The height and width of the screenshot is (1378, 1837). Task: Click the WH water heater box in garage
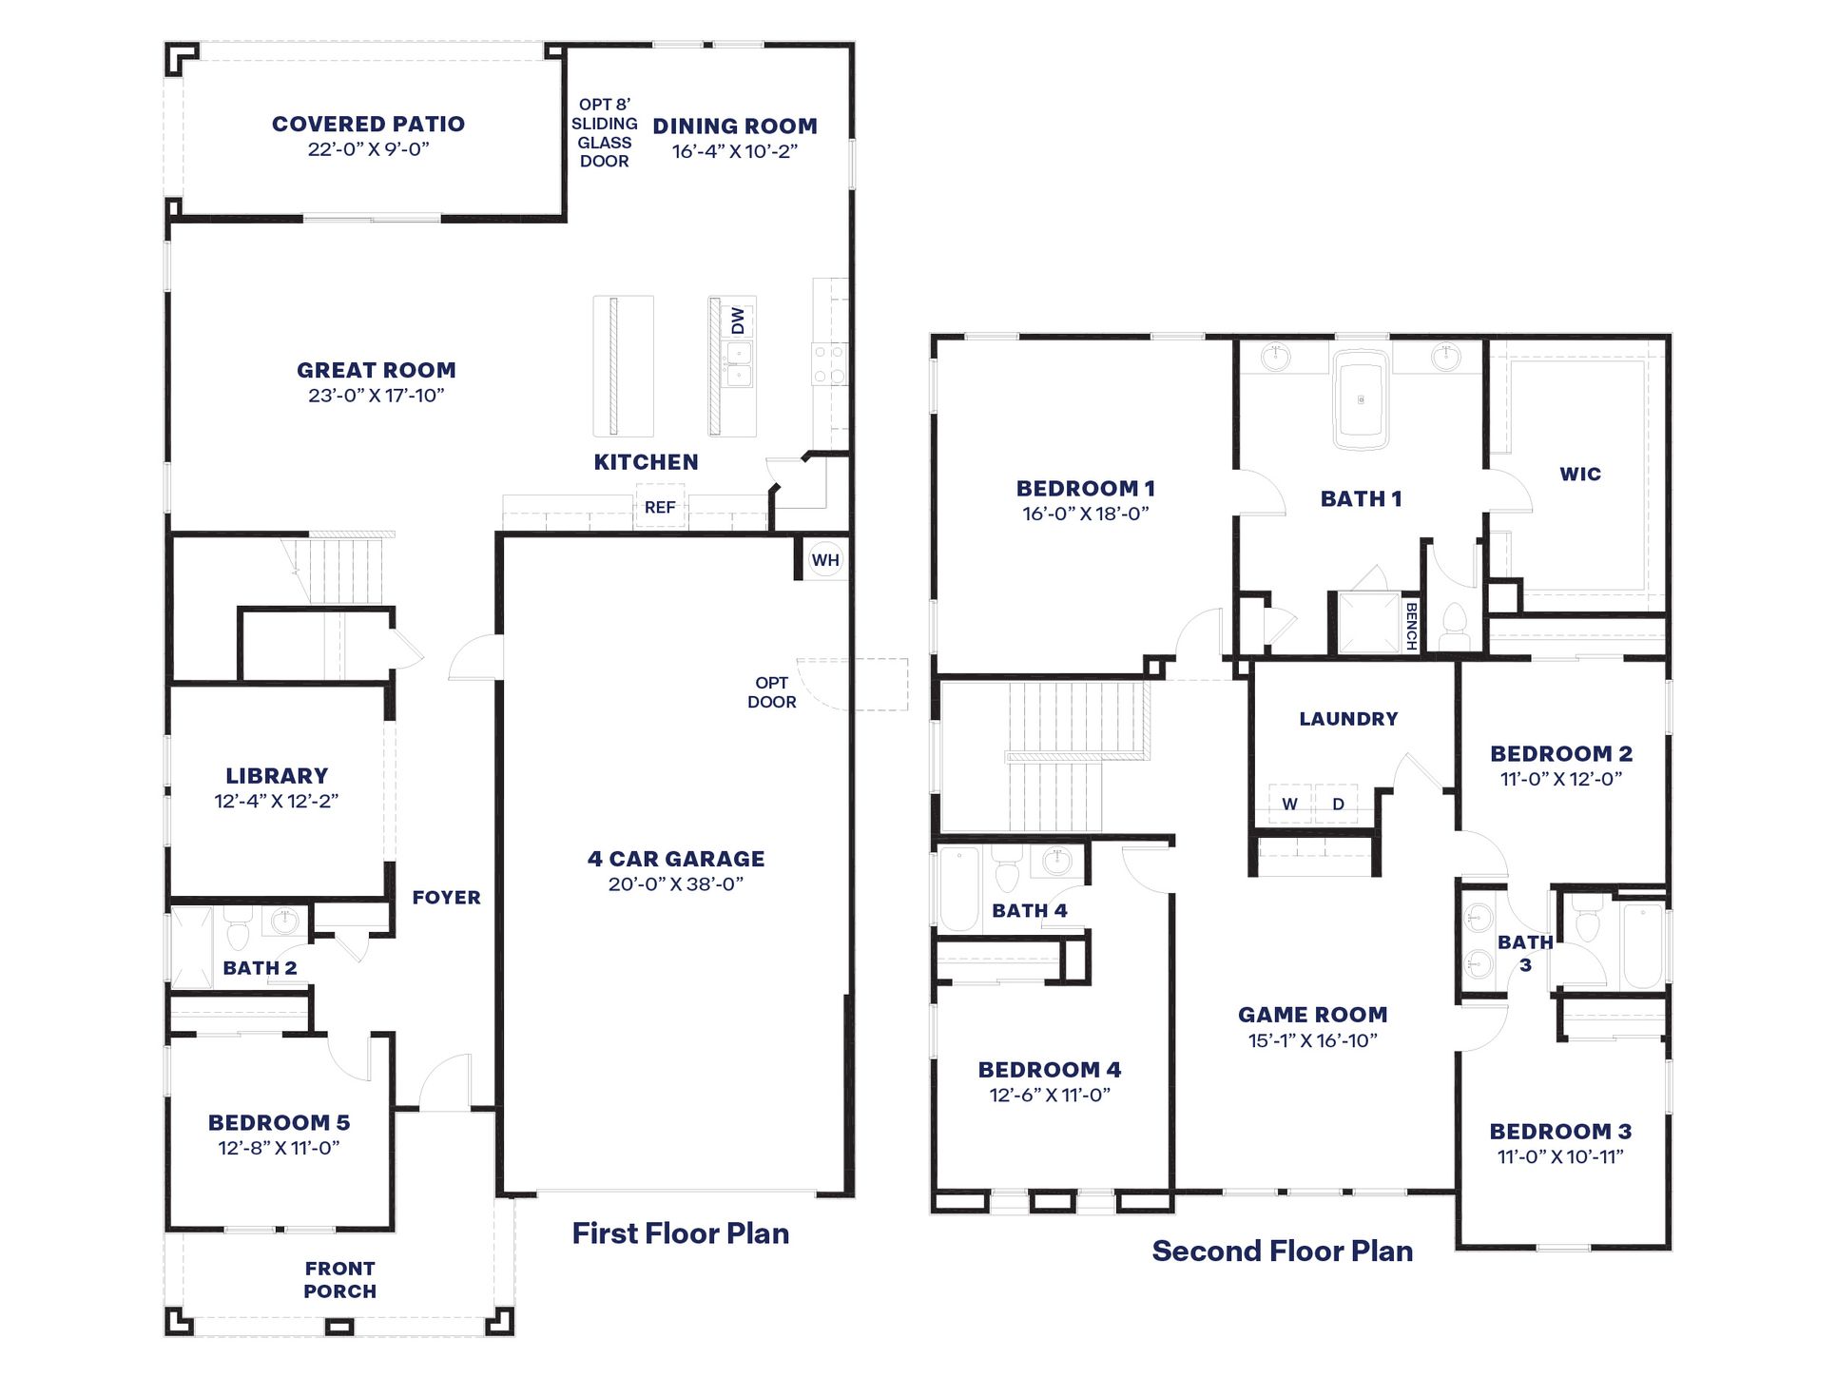pyautogui.click(x=824, y=560)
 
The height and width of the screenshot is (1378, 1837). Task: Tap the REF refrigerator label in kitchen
pyautogui.click(x=659, y=508)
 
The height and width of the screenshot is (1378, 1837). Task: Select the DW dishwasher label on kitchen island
pyautogui.click(x=738, y=320)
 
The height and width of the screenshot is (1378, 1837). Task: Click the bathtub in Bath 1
pyautogui.click(x=1361, y=400)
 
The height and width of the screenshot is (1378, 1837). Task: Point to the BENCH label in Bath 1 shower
pyautogui.click(x=1410, y=626)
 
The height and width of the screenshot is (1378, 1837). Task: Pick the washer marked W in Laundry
pyautogui.click(x=1289, y=805)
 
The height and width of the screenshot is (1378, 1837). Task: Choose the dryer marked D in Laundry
pyautogui.click(x=1338, y=805)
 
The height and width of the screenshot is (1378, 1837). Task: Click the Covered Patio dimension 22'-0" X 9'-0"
pyautogui.click(x=368, y=149)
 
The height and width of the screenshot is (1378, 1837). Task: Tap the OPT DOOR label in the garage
pyautogui.click(x=771, y=692)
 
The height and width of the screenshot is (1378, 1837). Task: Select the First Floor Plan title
pyautogui.click(x=680, y=1233)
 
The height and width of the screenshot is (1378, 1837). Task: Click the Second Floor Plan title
pyautogui.click(x=1282, y=1251)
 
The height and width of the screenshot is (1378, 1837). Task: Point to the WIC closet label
pyautogui.click(x=1580, y=475)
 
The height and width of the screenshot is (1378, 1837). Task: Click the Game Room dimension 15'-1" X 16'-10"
pyautogui.click(x=1312, y=1041)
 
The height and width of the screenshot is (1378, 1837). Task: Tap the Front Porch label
pyautogui.click(x=339, y=1280)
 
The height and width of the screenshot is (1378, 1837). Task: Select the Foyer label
pyautogui.click(x=446, y=898)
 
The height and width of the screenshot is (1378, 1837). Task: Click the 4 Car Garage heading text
pyautogui.click(x=676, y=859)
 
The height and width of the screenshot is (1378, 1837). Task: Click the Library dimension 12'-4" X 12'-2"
pyautogui.click(x=276, y=801)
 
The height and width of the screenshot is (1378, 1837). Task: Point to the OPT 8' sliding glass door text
pyautogui.click(x=604, y=133)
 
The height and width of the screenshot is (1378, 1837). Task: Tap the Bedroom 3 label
pyautogui.click(x=1560, y=1132)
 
